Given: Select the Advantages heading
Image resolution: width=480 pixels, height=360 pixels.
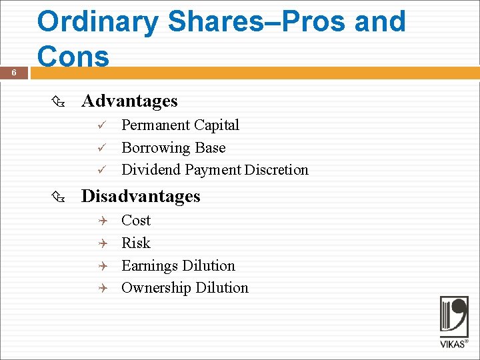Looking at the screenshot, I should tap(129, 101).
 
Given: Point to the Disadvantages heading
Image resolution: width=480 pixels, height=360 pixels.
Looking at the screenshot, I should tap(141, 196).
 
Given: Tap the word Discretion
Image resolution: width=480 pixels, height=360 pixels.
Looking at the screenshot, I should tap(276, 170).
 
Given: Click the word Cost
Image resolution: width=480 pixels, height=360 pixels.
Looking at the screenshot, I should tap(136, 221).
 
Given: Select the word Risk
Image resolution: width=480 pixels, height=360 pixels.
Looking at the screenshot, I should tap(136, 243).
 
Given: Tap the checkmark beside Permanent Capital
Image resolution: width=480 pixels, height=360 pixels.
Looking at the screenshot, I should tap(102, 125).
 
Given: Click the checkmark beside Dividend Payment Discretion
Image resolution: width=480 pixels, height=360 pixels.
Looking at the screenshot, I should tap(102, 170).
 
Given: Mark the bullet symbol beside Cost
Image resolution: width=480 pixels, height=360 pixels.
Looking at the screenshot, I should tap(102, 221).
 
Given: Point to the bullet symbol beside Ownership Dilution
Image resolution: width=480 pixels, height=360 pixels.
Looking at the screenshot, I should tap(102, 288).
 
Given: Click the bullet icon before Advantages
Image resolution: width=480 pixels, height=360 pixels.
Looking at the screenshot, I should tap(57, 101).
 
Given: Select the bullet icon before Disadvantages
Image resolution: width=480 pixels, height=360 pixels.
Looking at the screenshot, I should tap(57, 197).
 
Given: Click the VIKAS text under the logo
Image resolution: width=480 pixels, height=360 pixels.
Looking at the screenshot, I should tap(453, 345).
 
